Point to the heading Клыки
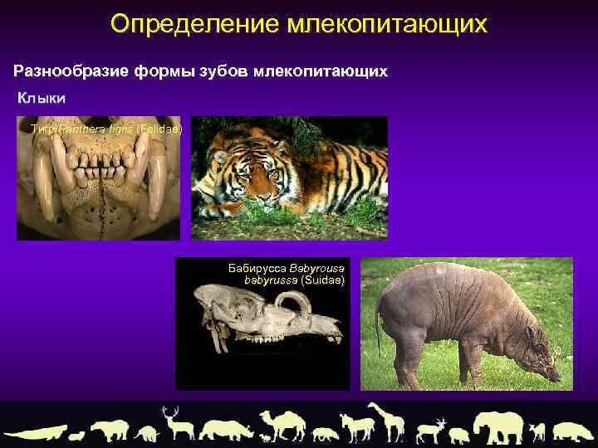42,99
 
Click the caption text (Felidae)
159,129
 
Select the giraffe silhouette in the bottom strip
384,421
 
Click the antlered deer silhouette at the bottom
174,423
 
